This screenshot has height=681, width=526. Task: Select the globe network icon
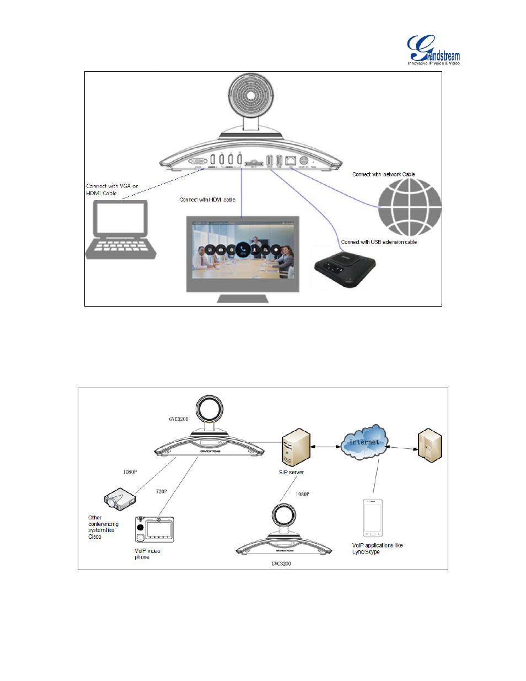409,207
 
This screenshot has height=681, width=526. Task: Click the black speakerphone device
345,267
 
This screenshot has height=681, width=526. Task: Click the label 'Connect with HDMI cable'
207,200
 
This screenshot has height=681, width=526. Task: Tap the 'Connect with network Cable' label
384,174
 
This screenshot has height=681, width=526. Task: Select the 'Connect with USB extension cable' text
379,242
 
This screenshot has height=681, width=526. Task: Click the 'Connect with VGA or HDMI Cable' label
112,190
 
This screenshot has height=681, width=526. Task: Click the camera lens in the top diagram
251,95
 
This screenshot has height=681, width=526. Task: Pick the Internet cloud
363,441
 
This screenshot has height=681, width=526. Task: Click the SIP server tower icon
296,447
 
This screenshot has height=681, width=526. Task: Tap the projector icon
120,498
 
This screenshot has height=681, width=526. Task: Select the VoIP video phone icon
154,529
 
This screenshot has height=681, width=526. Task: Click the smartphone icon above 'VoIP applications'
373,518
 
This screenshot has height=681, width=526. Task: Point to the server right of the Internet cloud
430,446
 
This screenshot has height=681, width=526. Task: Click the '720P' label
162,491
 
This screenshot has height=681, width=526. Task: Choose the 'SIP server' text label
291,473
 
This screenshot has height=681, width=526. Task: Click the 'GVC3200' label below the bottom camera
281,564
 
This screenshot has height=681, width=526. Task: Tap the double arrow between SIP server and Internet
325,447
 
